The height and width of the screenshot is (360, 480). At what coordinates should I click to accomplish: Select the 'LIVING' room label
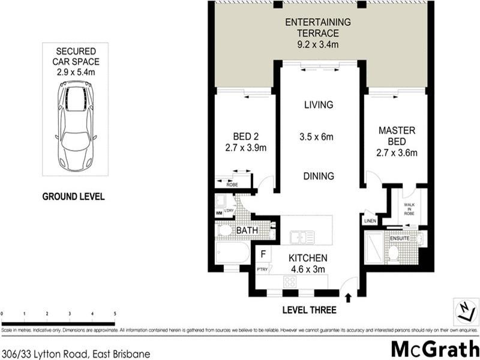pyautogui.click(x=317, y=105)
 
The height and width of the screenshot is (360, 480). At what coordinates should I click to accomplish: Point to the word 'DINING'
pyautogui.click(x=318, y=176)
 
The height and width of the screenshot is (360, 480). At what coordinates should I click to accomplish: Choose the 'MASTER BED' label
pyautogui.click(x=393, y=135)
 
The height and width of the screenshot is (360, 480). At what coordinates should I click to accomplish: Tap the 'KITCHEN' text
pyautogui.click(x=307, y=258)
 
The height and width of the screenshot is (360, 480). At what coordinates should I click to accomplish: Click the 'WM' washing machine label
pyautogui.click(x=219, y=213)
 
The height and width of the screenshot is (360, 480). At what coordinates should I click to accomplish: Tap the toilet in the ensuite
pyautogui.click(x=394, y=253)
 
